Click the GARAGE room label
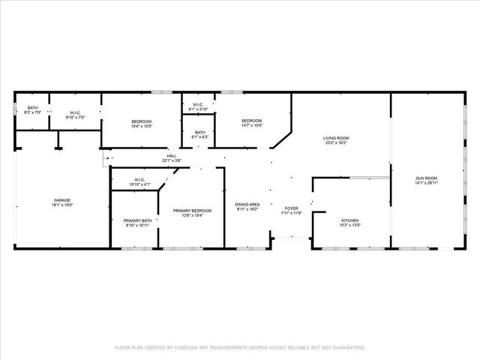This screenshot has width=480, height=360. click(x=61, y=199)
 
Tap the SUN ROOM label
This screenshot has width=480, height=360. click(x=426, y=178)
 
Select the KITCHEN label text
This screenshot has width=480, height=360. click(x=350, y=220)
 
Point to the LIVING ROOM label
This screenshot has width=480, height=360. click(x=336, y=138)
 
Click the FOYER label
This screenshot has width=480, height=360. click(x=291, y=208)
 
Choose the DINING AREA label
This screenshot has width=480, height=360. click(x=247, y=205)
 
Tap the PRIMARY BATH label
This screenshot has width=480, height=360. click(x=137, y=220)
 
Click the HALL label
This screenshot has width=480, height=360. click(x=172, y=156)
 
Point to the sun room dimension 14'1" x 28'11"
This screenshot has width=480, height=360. click(x=426, y=182)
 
